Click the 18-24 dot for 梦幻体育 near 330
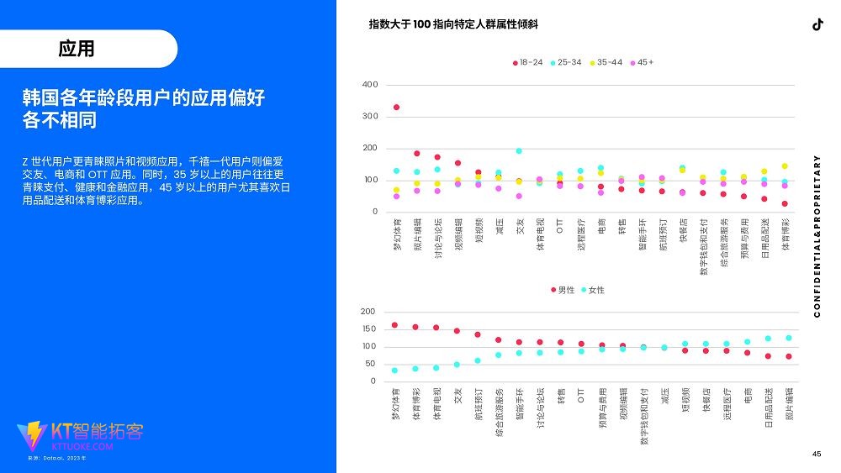(x=396, y=108)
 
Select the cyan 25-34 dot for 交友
(x=519, y=151)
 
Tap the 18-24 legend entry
(x=527, y=62)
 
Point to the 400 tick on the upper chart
(x=370, y=85)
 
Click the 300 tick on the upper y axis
(x=370, y=116)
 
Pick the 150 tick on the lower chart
(x=368, y=329)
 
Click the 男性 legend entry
(x=563, y=290)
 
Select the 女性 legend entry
(x=592, y=290)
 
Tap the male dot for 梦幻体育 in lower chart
(x=394, y=325)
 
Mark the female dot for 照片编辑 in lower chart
(x=789, y=338)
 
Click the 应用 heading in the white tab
(x=77, y=49)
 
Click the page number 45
(x=816, y=455)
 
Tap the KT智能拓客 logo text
(x=98, y=432)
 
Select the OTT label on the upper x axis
(x=560, y=224)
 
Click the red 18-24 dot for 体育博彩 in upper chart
(x=785, y=204)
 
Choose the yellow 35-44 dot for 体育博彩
(x=785, y=166)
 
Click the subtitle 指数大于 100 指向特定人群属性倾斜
(x=453, y=24)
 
